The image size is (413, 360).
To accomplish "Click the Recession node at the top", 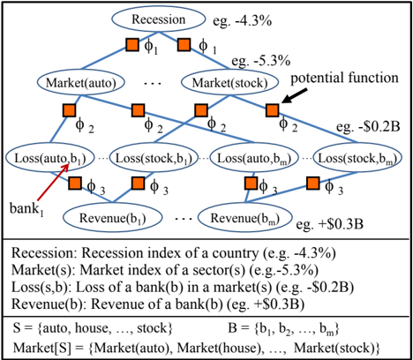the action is pos(158,19).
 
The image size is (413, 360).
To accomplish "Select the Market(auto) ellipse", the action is pos(81,83).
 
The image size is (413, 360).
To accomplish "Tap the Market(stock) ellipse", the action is pos(229,83).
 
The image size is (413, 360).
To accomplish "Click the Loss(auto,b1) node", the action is pos(50,158).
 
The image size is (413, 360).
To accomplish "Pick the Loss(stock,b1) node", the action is pos(154,158).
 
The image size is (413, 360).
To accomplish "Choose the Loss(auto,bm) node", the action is pos(254,158).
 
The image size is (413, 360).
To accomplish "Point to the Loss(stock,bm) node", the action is pos(357,158).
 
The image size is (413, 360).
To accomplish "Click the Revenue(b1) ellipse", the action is pos(113,218).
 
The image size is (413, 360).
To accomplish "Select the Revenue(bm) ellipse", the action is pos(245,218).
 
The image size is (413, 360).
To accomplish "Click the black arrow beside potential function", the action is pos(294,96).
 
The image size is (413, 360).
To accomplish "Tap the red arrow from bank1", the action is pos(53,182).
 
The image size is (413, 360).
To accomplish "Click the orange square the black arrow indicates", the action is pos(273,110).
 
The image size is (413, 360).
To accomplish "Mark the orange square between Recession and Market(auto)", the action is pos(132,45).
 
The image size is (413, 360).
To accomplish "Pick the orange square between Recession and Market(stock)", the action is pos(184,45).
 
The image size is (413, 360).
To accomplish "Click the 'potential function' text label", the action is pos(344,79).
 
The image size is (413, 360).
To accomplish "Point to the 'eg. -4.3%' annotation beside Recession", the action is pos(242,21).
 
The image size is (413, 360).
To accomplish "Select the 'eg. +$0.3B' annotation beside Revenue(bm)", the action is pos(330,224).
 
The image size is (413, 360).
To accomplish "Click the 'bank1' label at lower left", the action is pos(26,209).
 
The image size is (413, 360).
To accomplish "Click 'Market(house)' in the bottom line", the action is pos(219,349).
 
